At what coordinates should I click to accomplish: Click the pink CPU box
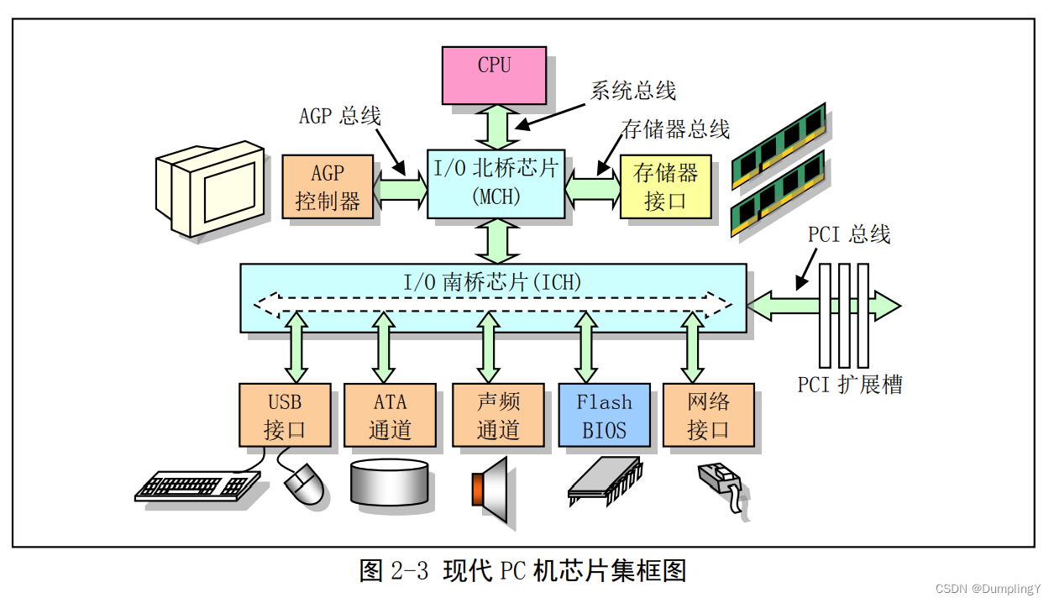click(x=494, y=75)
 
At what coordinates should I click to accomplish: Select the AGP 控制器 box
click(x=328, y=186)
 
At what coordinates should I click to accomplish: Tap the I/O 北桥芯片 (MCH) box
click(x=496, y=184)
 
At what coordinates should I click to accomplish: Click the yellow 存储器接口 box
click(x=665, y=186)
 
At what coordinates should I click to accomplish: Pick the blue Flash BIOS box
click(x=604, y=416)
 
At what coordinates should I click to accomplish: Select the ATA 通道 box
click(x=390, y=416)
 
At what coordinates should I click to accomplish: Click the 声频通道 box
click(x=498, y=416)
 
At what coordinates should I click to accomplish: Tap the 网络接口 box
click(x=708, y=416)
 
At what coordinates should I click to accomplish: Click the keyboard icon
click(x=198, y=485)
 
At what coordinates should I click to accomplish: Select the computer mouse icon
click(x=304, y=485)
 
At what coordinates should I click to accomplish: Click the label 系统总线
click(x=632, y=91)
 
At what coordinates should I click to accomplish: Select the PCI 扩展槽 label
click(x=850, y=385)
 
